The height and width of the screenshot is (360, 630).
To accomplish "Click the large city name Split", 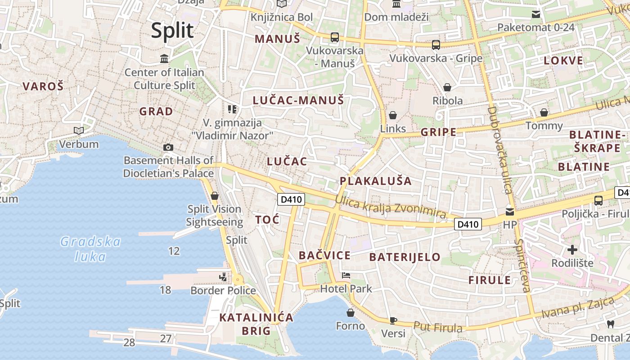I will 172,31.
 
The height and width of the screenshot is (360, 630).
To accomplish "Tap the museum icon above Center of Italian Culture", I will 164,58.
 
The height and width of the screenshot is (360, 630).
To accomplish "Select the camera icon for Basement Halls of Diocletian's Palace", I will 168,147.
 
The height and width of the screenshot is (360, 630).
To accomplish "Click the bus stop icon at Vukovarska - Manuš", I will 334,37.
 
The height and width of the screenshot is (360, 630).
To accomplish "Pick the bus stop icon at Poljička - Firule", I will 598,201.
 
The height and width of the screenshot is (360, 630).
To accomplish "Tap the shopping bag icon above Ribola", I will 447,87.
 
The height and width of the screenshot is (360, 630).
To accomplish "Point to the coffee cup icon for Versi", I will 393,320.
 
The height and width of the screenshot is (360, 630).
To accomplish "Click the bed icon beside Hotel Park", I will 346,275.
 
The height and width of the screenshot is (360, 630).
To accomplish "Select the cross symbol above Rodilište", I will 572,249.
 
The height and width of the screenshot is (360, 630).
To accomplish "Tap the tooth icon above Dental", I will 611,324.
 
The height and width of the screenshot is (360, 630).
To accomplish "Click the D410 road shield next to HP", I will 468,224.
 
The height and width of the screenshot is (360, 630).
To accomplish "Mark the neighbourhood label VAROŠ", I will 43,86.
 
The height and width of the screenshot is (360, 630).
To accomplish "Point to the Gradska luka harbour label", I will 90,249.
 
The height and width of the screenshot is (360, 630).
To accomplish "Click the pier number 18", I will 166,290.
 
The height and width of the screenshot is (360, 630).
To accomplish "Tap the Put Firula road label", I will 437,327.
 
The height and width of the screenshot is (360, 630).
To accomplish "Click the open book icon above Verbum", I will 79,131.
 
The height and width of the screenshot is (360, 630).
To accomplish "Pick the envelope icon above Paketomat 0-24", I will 536,14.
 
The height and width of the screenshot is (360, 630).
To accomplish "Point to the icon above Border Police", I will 223,277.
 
